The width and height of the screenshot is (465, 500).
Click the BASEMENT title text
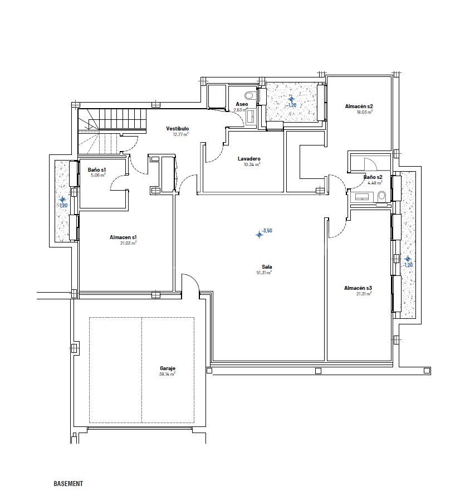pos(68,484)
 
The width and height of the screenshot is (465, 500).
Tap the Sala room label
pos(267,267)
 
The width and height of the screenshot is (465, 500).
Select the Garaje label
pos(168,369)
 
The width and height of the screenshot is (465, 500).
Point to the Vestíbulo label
pos(177,129)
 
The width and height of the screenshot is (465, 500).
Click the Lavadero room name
pos(249,159)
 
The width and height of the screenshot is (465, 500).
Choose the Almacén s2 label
pos(359,106)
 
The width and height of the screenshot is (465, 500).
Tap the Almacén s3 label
pos(358,288)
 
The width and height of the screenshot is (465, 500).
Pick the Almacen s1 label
pos(123,237)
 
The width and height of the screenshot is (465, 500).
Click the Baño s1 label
pos(97,169)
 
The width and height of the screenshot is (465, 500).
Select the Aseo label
pos(242,104)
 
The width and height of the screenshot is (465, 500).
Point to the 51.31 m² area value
pos(264,273)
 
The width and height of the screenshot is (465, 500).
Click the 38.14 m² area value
pos(167,375)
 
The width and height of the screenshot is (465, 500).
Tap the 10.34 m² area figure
pos(252,164)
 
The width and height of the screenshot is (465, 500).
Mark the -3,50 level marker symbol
pos(259,235)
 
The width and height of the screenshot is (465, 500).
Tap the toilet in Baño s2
pos(381,196)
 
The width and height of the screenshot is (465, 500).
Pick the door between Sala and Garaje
pos(190,282)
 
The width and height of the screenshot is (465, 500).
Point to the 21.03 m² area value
pos(128,243)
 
